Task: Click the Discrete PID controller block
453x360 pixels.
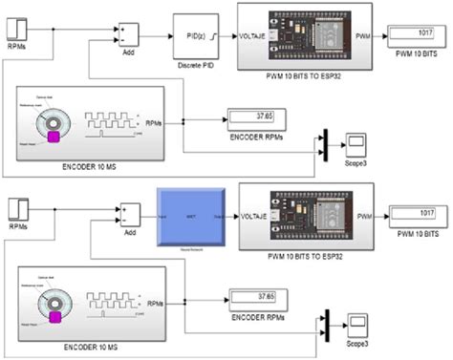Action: tap(197, 36)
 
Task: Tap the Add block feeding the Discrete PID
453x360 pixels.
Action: tap(131, 34)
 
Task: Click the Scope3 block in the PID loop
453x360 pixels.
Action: tap(356, 144)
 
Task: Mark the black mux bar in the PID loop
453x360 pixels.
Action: tap(325, 144)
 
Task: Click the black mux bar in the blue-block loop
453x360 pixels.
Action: tap(325, 322)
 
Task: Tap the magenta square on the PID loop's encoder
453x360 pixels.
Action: tap(54, 138)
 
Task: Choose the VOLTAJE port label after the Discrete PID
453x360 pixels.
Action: tap(253, 36)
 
